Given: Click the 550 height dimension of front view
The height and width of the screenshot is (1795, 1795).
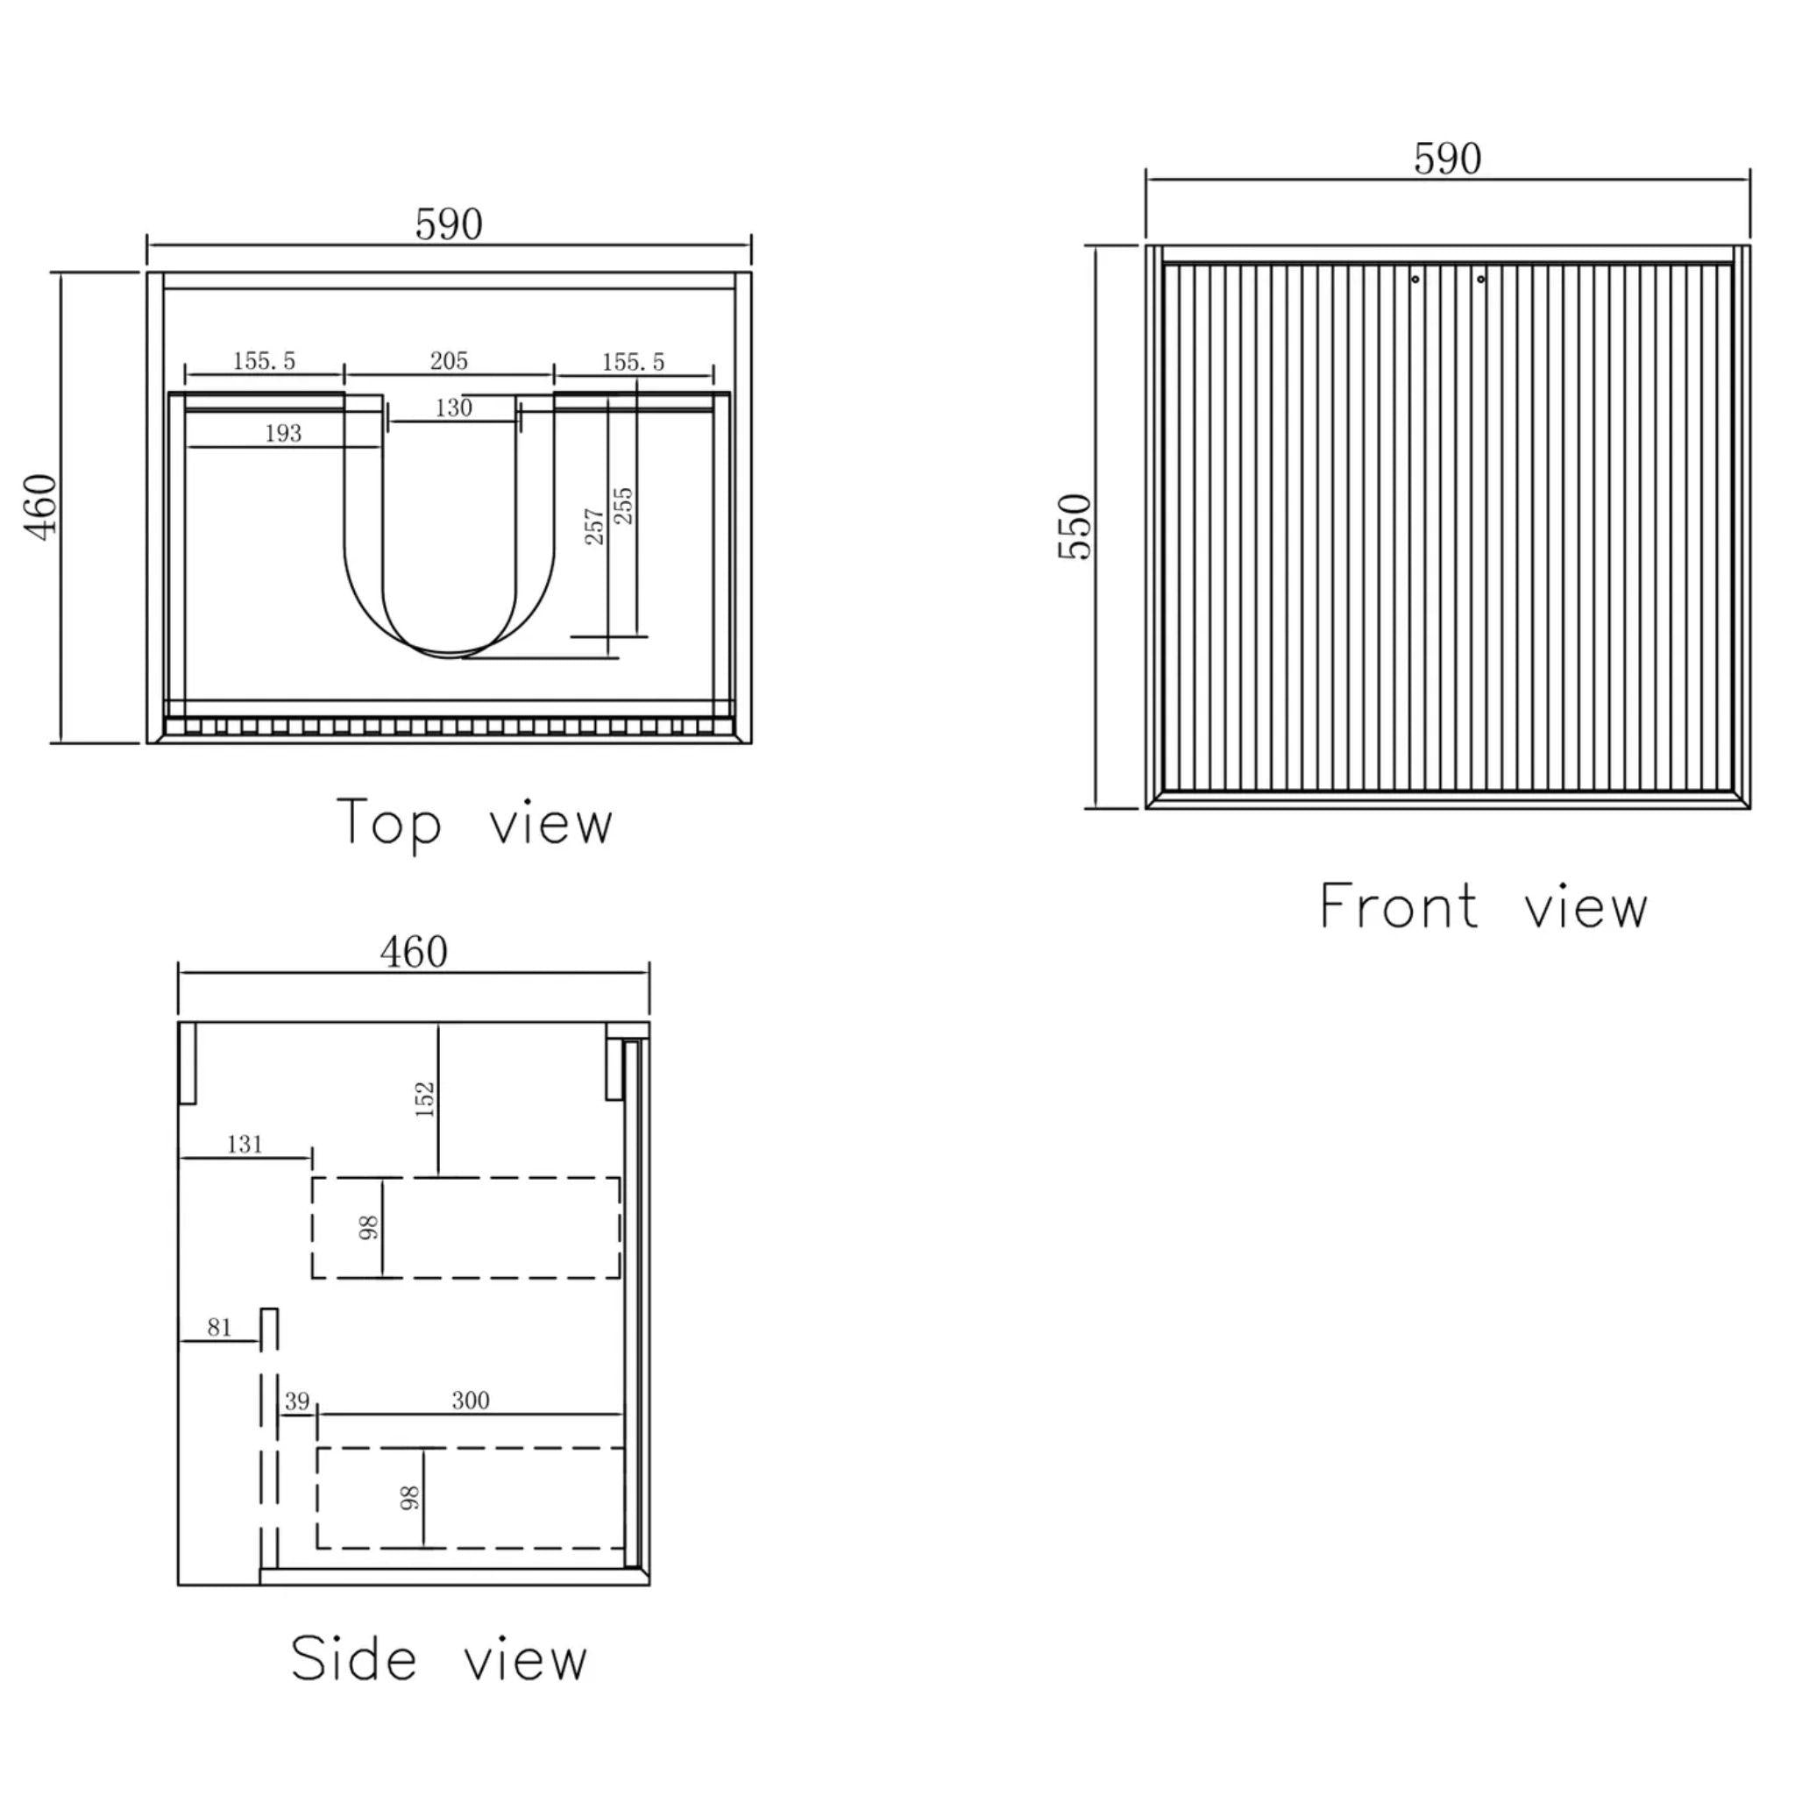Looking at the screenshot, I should pyautogui.click(x=1074, y=526).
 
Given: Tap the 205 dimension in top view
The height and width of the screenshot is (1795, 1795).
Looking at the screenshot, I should pyautogui.click(x=449, y=360).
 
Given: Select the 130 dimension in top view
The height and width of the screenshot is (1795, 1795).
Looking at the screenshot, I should pyautogui.click(x=453, y=408).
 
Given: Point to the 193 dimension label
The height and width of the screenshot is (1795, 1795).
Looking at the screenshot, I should pyautogui.click(x=283, y=433).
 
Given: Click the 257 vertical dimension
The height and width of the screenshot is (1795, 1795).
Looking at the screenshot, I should pyautogui.click(x=594, y=526).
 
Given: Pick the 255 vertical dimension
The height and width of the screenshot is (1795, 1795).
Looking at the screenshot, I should pyautogui.click(x=623, y=506).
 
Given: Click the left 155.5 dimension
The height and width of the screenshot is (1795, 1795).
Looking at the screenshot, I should pyautogui.click(x=264, y=360).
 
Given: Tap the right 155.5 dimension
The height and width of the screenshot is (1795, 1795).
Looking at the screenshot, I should pyautogui.click(x=633, y=361).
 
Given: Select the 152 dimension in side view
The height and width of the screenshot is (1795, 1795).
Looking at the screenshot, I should pyautogui.click(x=424, y=1099).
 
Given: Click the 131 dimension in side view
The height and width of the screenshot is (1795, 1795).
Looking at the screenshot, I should pyautogui.click(x=245, y=1145).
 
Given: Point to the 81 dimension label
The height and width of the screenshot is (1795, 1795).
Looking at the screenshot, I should pyautogui.click(x=219, y=1328).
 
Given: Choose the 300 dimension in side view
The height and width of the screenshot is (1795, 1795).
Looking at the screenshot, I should pyautogui.click(x=470, y=1400).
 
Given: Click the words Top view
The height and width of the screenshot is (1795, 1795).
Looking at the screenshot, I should pyautogui.click(x=475, y=823).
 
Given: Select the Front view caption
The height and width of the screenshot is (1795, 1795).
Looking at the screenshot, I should pyautogui.click(x=1483, y=908).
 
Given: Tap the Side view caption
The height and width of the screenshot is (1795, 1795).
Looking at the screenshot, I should pyautogui.click(x=438, y=1660).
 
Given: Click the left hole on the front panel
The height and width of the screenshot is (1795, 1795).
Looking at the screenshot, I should pyautogui.click(x=1415, y=279).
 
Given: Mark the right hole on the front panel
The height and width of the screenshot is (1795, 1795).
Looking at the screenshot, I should pyautogui.click(x=1481, y=279).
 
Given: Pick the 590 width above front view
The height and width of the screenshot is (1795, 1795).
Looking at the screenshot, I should pyautogui.click(x=1448, y=159).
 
